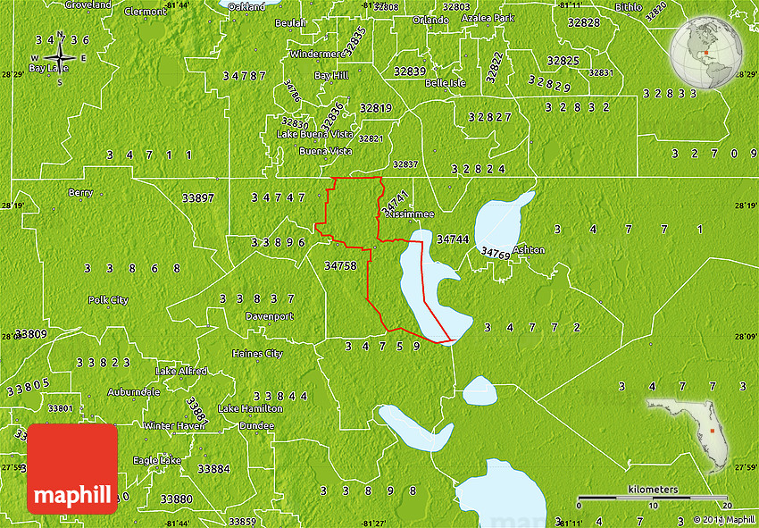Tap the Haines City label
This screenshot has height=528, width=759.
point(257,354)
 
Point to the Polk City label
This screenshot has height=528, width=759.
point(108,300)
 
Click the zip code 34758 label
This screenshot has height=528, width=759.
point(340,265)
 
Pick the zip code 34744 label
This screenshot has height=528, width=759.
point(453,239)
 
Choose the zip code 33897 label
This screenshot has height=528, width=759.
point(197,197)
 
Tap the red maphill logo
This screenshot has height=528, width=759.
point(72,469)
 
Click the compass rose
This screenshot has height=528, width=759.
point(60,59)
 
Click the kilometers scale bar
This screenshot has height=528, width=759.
point(652,497)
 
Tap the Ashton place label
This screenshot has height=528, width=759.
point(529,250)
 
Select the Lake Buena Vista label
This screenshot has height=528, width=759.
point(314,134)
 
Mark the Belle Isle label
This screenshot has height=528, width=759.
point(446,83)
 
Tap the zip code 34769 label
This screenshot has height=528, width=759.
point(496,253)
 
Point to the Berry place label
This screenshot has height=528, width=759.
point(80,192)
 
